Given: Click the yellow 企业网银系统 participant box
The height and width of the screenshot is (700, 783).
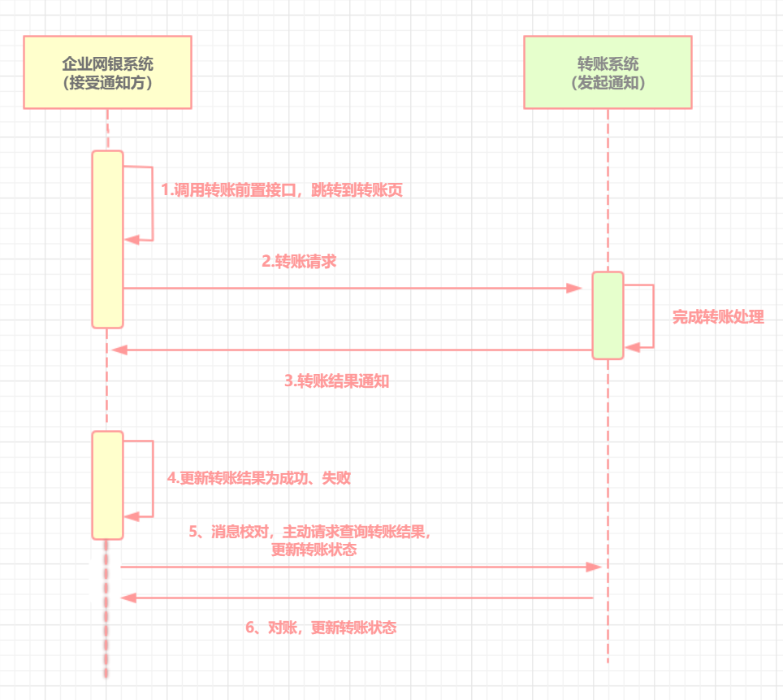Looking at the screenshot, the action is pos(107,72).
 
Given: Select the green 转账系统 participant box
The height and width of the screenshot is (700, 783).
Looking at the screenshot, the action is pos(608,72).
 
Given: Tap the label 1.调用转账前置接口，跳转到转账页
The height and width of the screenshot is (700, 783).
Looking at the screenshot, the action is pos(282,190).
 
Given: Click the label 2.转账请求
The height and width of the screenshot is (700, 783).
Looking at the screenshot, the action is pos(299,262).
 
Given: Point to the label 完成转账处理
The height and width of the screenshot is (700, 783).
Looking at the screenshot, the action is pos(718,316).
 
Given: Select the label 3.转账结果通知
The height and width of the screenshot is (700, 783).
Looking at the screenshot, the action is pos(336,381).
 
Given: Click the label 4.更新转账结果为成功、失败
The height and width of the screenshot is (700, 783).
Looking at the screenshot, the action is pos(258,478).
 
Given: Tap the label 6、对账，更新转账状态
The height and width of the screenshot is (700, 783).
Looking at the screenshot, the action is pos(321,628).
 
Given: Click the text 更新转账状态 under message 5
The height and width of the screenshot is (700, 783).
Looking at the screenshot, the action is pos(314,550).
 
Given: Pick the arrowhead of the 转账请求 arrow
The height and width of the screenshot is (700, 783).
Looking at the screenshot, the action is pos(574,288).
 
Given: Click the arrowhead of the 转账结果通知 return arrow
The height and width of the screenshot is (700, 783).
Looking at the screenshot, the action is pos(119,350).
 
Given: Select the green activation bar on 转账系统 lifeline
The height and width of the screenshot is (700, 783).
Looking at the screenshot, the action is pos(608,315).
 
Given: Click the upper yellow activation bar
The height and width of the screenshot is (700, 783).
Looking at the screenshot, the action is pos(107,240).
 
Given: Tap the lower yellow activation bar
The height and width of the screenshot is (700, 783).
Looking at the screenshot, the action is pos(107,485).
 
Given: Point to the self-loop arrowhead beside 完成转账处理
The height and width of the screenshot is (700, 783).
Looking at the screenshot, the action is pos(632,347).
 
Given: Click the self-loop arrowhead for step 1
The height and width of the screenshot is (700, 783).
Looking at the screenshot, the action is pos(132,240).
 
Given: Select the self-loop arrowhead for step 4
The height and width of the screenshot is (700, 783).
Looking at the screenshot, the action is pos(132,516).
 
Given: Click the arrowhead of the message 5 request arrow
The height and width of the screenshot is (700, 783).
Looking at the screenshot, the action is pos(595,567).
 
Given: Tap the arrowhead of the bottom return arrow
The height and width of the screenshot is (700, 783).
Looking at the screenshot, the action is pos(128,598).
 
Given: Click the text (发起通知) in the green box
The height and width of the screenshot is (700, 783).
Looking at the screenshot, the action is pos(608,82).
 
